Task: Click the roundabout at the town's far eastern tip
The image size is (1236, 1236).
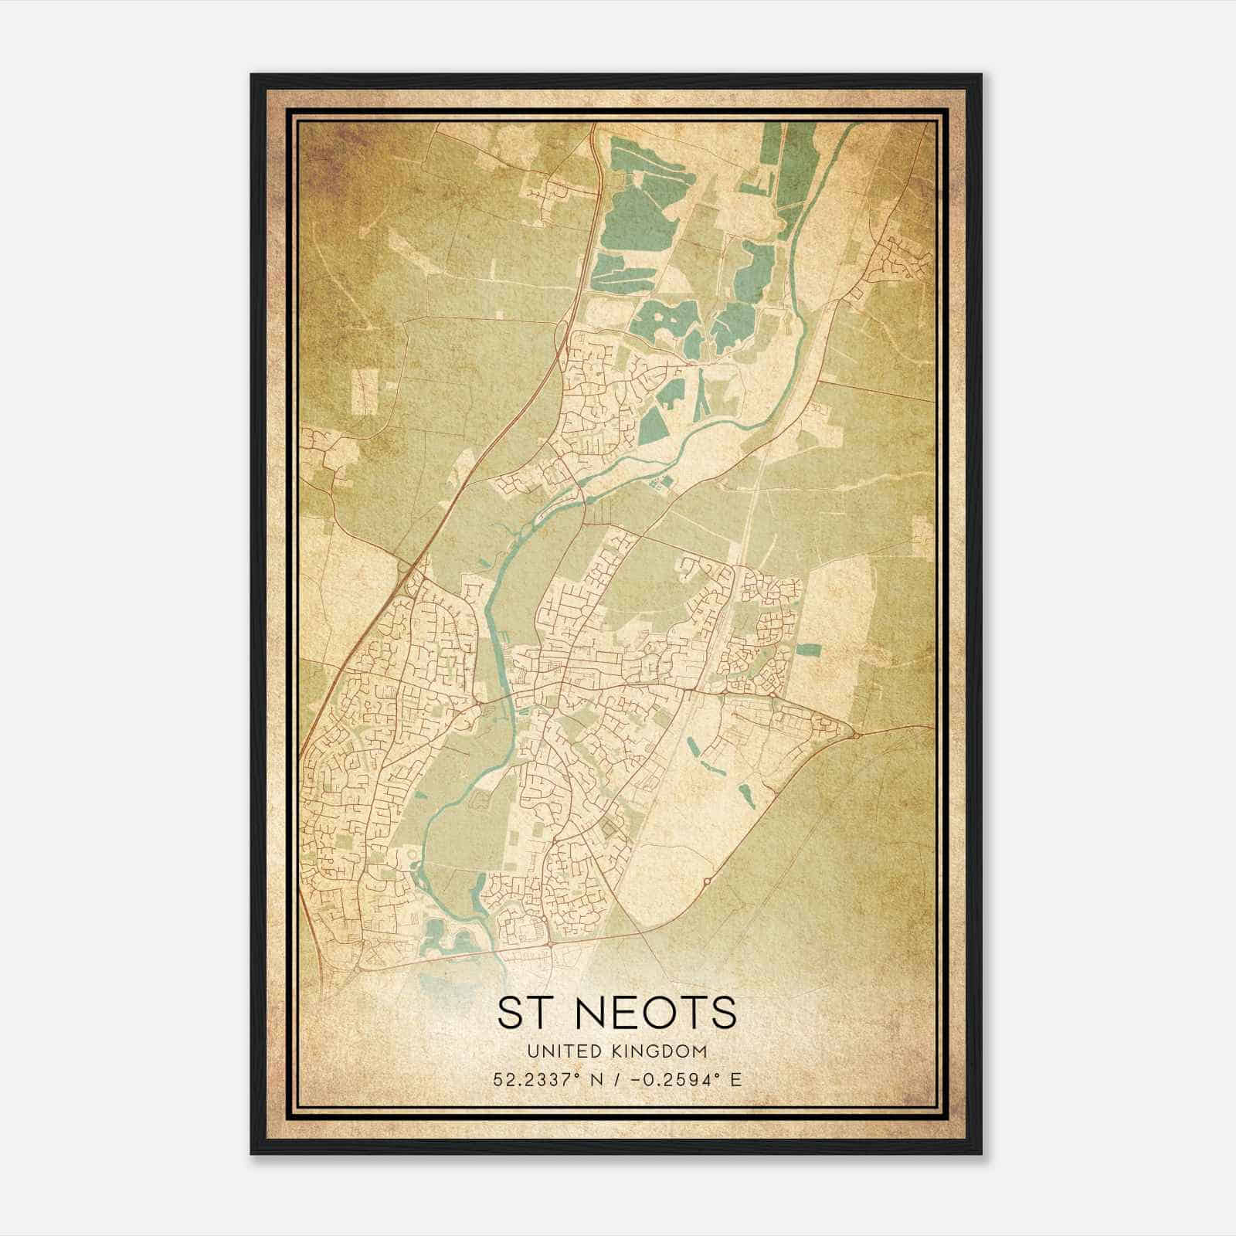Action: (856, 735)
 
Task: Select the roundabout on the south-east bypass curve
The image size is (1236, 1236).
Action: (706, 880)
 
